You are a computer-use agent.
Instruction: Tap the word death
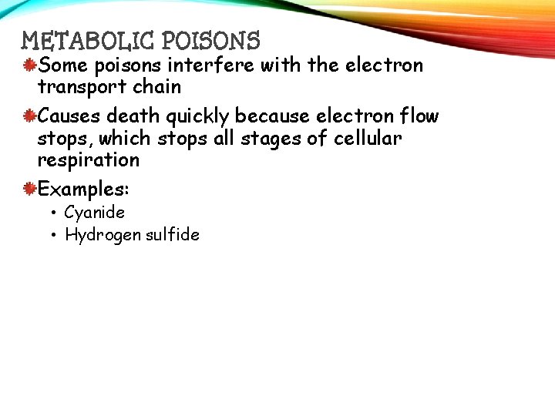138,116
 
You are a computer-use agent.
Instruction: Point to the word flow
421,116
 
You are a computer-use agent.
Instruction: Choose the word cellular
368,139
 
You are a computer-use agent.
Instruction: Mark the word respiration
89,161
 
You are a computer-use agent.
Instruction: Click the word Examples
83,189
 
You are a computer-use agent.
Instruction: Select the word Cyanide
94,212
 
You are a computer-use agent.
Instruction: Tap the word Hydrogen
99,235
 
